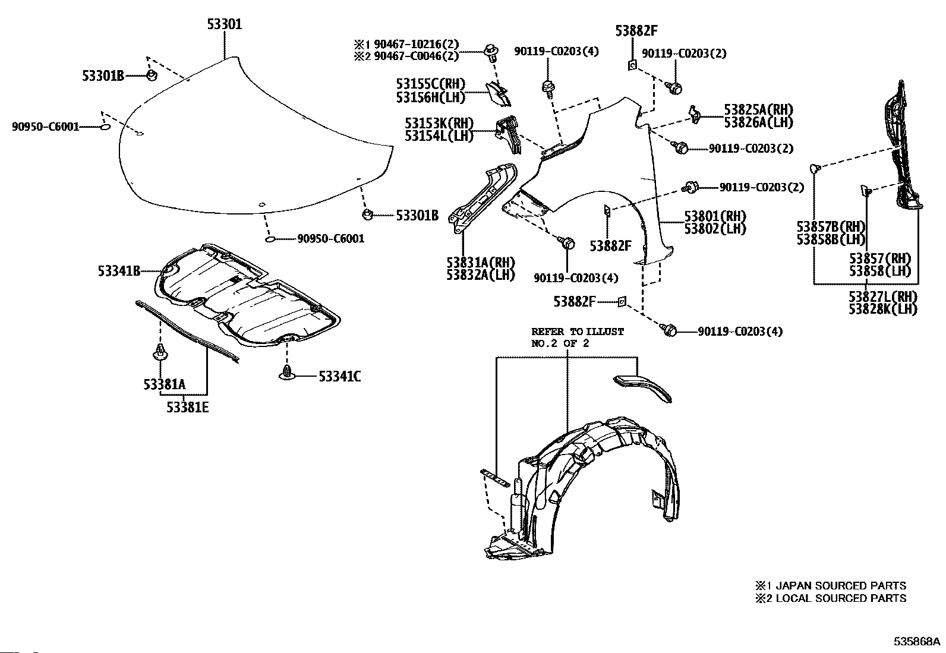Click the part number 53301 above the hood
225,24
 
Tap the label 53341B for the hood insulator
119,271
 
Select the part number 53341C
339,376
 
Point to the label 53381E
188,407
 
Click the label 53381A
164,384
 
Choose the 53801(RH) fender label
715,216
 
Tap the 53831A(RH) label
481,262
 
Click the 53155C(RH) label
430,84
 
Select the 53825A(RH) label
758,109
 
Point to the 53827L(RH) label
883,296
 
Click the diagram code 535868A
915,641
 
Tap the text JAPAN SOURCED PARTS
841,585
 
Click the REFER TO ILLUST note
578,332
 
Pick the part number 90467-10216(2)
416,44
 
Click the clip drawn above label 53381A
160,352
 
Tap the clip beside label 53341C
287,373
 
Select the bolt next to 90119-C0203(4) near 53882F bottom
668,330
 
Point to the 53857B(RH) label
831,226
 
